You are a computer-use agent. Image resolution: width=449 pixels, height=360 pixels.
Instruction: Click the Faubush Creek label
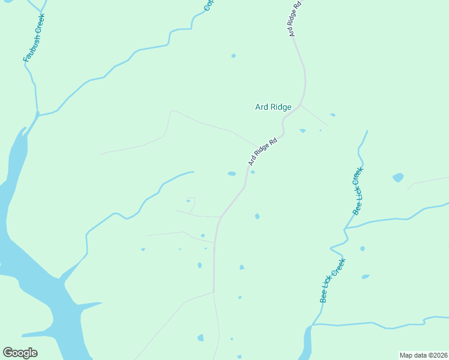[x=34, y=37]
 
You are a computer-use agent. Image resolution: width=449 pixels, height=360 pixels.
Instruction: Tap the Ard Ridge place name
[x=273, y=107]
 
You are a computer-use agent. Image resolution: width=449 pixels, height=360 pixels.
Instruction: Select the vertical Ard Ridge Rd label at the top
[x=295, y=19]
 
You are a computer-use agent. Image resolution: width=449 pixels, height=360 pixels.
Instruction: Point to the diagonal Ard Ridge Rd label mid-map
[x=263, y=152]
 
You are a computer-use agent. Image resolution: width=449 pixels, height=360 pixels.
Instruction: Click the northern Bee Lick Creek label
[x=358, y=191]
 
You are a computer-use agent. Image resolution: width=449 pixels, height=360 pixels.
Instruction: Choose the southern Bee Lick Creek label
[x=333, y=280]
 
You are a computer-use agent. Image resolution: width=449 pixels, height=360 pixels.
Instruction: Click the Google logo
[x=20, y=353]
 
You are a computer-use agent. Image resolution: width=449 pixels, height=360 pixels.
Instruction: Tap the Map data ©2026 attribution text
[x=423, y=355]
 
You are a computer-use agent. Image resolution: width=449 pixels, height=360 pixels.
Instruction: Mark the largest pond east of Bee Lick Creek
[x=398, y=178]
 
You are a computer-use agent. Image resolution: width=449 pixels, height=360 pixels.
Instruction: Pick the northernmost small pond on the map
[x=234, y=56]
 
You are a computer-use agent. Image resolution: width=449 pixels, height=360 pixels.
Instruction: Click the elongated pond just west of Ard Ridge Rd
[x=232, y=174]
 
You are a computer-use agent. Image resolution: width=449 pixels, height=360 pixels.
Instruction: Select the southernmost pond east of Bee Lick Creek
[x=365, y=277]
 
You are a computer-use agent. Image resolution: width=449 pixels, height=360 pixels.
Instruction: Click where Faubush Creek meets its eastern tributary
[x=38, y=113]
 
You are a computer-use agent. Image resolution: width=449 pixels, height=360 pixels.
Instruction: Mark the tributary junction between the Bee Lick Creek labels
[x=346, y=228]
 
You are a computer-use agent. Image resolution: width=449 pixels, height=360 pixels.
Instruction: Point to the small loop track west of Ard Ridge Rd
[x=191, y=204]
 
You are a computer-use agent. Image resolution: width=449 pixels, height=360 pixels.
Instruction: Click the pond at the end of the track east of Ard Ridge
[x=332, y=115]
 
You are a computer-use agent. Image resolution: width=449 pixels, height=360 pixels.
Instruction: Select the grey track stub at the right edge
[x=427, y=181]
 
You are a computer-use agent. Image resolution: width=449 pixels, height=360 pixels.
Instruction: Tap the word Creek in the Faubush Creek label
[x=40, y=23]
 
